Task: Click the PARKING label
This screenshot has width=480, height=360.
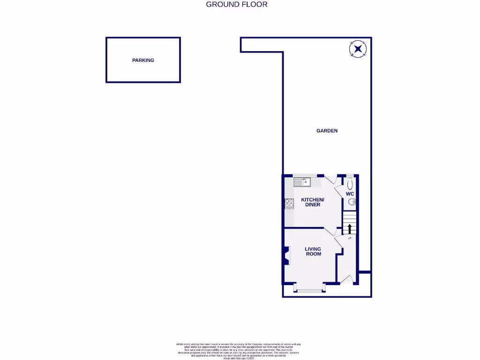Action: [143, 60]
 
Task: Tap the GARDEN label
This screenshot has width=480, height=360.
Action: [327, 131]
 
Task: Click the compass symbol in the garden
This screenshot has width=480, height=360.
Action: [358, 49]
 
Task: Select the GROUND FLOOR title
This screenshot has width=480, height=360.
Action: [237, 5]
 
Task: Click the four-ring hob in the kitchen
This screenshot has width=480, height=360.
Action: [289, 203]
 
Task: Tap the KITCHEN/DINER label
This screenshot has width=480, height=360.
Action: [312, 202]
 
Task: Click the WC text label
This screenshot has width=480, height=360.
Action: [350, 194]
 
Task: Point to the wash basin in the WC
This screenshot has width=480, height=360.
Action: [352, 202]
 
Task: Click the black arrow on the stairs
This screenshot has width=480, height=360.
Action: [349, 229]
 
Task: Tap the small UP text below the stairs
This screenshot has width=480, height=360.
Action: [349, 238]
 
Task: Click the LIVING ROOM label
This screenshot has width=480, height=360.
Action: [313, 251]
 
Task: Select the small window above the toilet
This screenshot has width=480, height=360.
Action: [350, 175]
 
